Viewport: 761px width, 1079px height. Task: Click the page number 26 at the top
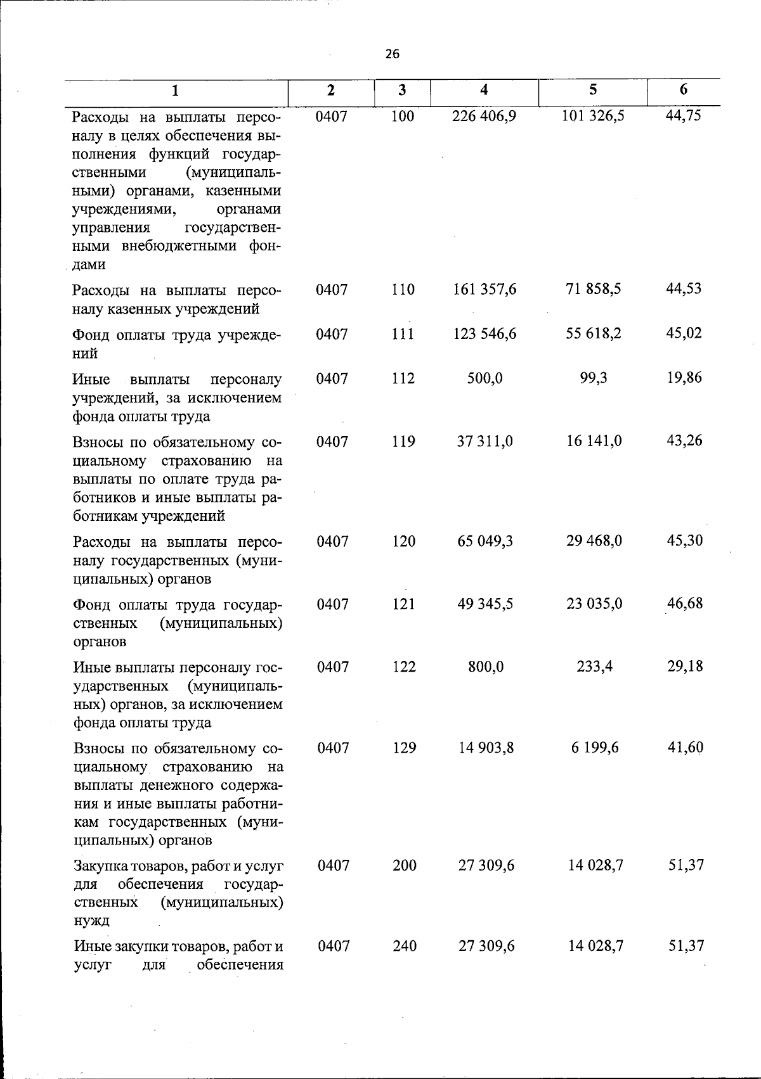coord(393,54)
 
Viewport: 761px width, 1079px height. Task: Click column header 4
coord(484,90)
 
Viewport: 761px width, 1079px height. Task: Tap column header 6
coord(683,89)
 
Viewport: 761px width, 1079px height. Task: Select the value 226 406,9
coord(485,116)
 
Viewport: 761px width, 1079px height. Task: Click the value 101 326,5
coord(594,116)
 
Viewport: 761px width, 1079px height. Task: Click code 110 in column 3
coord(403,290)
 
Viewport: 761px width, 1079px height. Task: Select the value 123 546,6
coord(485,333)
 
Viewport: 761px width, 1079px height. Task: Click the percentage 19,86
coord(684,378)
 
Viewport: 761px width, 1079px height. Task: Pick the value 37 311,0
coord(485,441)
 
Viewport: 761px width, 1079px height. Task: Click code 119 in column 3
coord(403,441)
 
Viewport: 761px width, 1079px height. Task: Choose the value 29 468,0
coord(594,541)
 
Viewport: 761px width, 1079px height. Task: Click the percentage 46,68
coord(684,603)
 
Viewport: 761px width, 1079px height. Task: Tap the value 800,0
coord(486,667)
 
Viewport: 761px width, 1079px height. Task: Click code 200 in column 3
coord(404,865)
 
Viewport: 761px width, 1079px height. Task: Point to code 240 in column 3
coord(404,946)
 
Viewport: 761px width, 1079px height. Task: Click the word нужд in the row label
coord(92,920)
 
